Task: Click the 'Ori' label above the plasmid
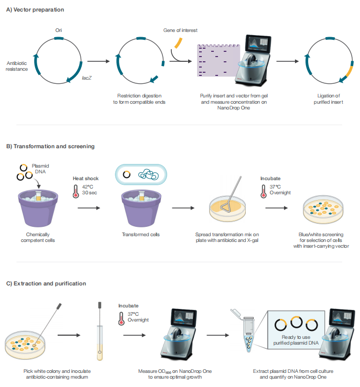tap(59, 30)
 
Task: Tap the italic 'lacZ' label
tap(86, 78)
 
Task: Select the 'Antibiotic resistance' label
tap(17, 66)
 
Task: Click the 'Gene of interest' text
tap(180, 30)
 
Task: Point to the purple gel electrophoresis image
tap(219, 60)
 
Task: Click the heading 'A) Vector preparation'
tap(35, 9)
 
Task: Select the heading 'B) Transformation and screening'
tap(50, 146)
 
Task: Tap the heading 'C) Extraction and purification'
tap(46, 283)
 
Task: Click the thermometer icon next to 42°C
tap(76, 191)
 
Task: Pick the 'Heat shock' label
tap(86, 179)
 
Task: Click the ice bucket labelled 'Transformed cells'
tap(141, 208)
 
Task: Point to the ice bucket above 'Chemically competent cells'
tap(38, 208)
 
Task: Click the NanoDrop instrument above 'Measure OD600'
tap(179, 334)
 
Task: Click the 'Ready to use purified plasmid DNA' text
tap(296, 340)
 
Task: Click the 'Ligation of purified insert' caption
tap(329, 99)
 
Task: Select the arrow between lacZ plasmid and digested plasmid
tap(99, 61)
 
